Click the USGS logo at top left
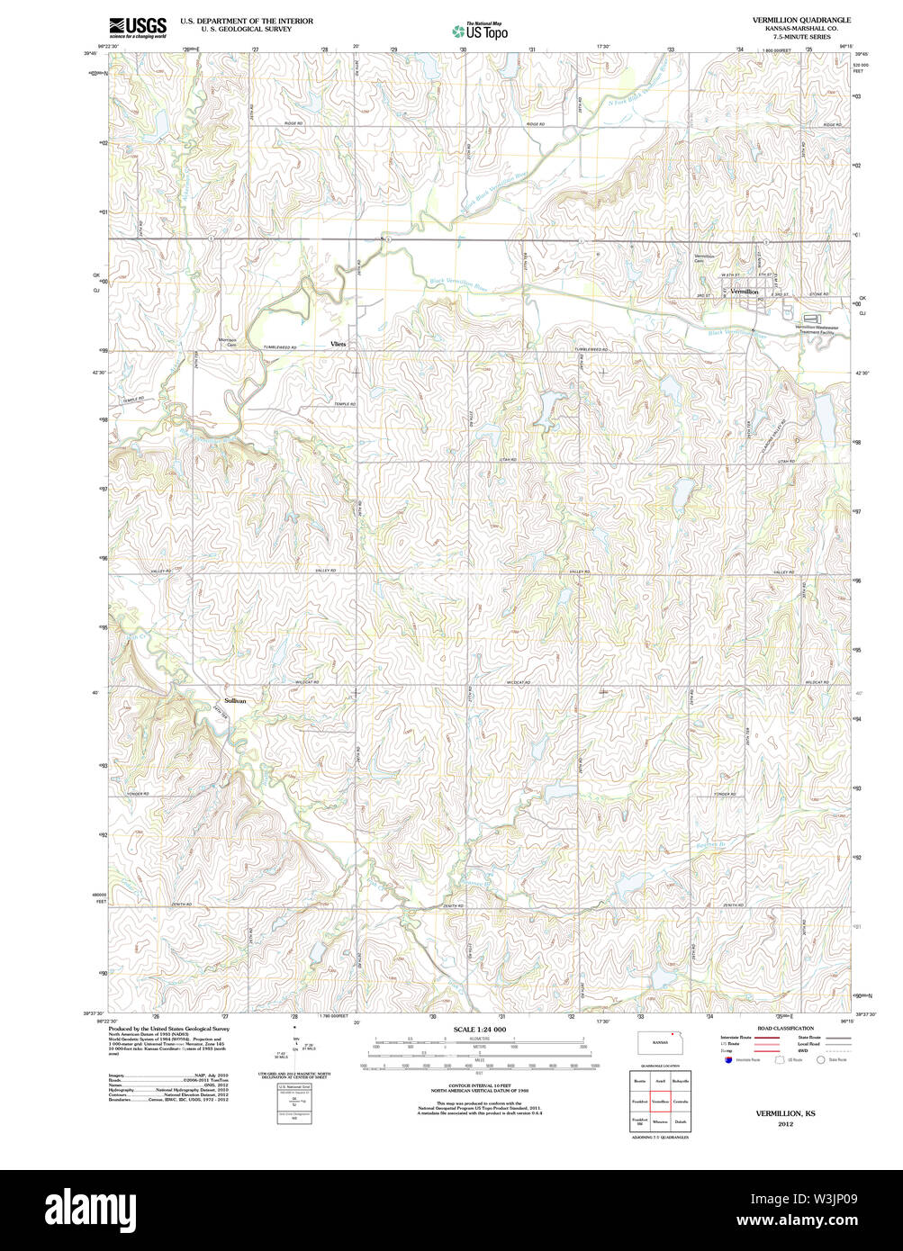[x=137, y=28]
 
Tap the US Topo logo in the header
[x=480, y=31]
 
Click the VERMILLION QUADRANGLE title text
[x=801, y=20]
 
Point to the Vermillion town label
[x=745, y=292]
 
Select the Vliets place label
[x=338, y=344]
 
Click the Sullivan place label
[x=235, y=699]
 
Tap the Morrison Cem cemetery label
[x=227, y=341]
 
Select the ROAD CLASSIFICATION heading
[x=785, y=1028]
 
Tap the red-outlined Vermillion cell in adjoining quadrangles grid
[x=660, y=1101]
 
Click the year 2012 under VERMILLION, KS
[x=785, y=1124]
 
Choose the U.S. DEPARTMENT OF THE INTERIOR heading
[x=247, y=21]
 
